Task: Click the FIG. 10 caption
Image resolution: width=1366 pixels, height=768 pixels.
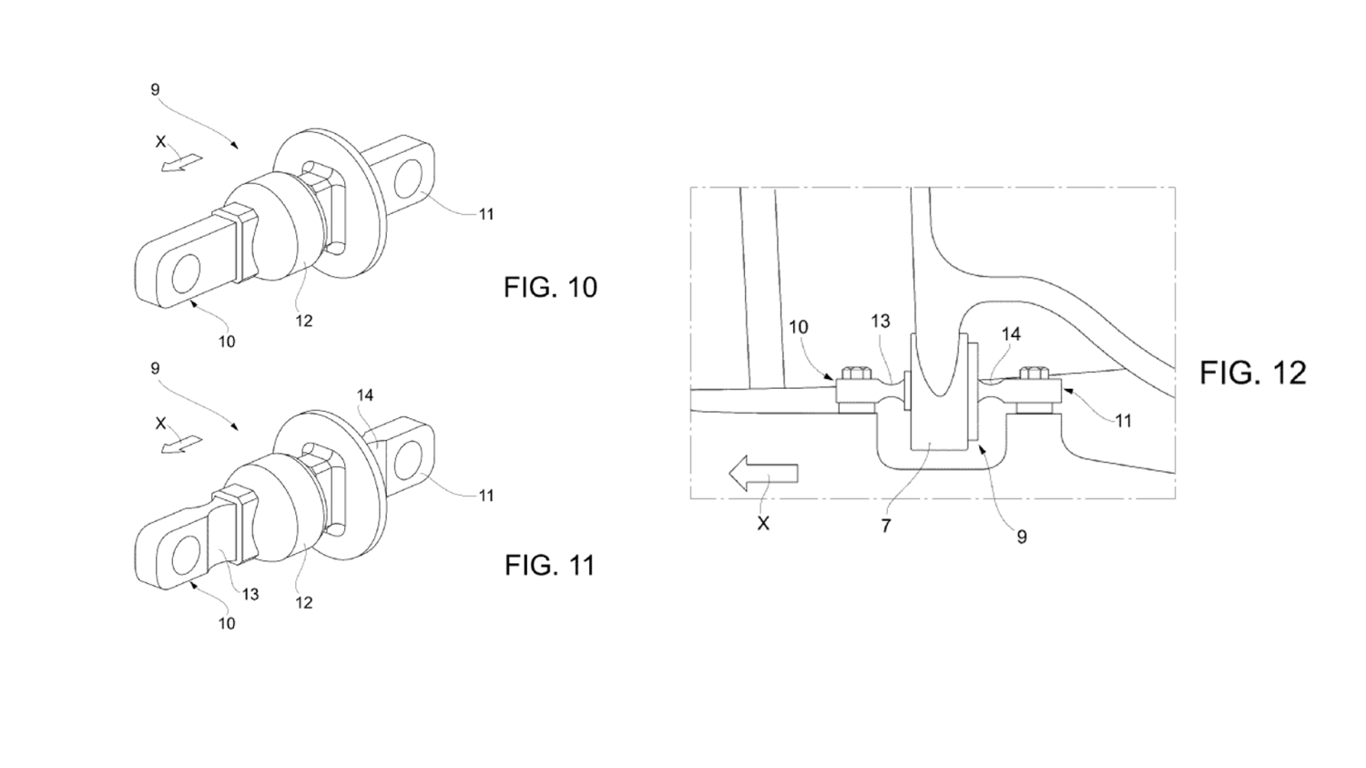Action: (550, 287)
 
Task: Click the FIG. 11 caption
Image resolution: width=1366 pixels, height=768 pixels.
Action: (549, 566)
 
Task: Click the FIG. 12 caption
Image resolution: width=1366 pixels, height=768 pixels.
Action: (1253, 373)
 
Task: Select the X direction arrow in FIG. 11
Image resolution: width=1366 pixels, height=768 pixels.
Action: (181, 444)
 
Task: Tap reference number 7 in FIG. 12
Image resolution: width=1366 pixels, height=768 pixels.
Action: (886, 526)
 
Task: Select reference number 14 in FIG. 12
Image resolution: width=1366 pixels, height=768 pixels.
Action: (1011, 333)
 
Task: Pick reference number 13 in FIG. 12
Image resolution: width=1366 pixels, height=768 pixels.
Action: (881, 321)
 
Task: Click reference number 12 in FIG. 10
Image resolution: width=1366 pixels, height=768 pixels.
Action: (303, 321)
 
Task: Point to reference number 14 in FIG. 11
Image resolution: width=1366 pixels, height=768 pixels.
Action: (364, 395)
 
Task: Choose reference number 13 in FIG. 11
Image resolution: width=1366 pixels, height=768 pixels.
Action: (250, 594)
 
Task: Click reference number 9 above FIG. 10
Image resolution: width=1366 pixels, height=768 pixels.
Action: (155, 89)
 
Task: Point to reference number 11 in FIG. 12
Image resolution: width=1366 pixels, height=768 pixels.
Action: (1123, 421)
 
